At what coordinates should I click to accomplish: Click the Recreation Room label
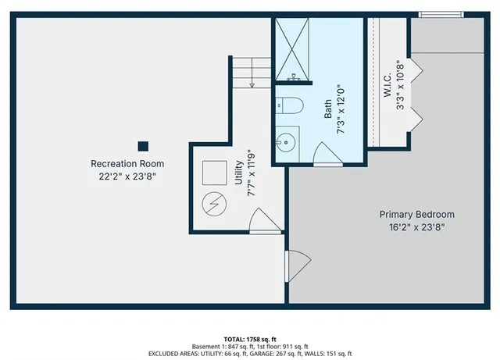(x=127, y=163)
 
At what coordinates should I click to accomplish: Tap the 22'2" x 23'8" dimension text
(x=127, y=176)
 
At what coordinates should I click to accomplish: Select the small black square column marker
(x=143, y=145)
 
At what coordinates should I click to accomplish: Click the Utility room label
(x=239, y=173)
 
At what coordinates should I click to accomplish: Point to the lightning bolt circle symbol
(x=212, y=205)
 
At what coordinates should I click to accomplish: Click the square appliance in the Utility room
(x=213, y=172)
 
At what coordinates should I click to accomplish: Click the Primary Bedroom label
(x=416, y=214)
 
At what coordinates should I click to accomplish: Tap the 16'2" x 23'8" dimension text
(x=416, y=227)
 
